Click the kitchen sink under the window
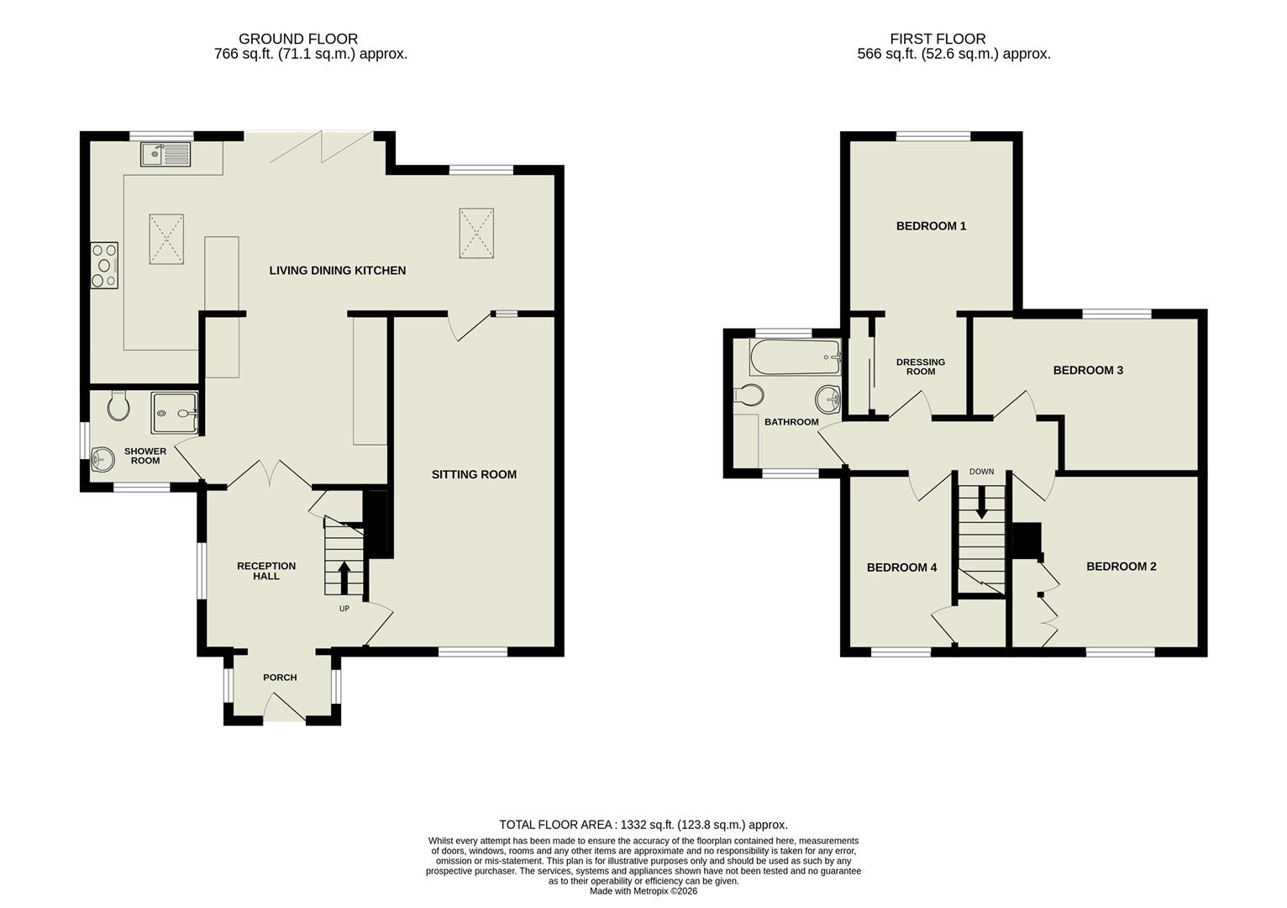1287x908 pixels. tap(166, 154)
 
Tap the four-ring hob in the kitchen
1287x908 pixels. tap(104, 265)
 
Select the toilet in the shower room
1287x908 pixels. tap(119, 406)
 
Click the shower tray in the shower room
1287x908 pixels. tap(175, 413)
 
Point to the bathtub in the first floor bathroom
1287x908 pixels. tap(795, 357)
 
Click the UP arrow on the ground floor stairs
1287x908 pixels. tap(344, 578)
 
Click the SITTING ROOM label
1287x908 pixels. tap(474, 474)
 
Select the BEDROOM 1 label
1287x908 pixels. tap(931, 225)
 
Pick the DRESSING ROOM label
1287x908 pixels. tap(921, 367)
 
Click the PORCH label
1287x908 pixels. tap(280, 678)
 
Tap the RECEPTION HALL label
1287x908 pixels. tap(265, 571)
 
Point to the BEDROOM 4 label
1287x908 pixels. tap(901, 567)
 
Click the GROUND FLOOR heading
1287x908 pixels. tap(298, 39)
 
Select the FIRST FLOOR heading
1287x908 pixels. tap(938, 39)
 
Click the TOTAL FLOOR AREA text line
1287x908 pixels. tap(643, 825)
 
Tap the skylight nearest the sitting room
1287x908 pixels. tap(476, 233)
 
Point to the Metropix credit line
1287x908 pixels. tap(643, 891)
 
